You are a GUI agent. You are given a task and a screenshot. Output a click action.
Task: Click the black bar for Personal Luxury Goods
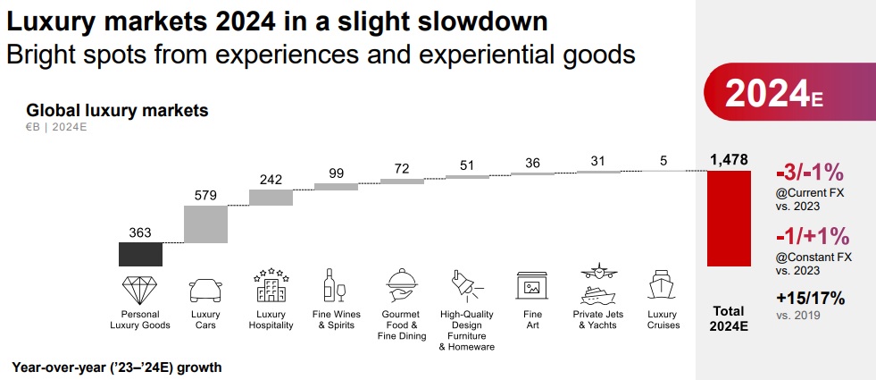tap(140, 254)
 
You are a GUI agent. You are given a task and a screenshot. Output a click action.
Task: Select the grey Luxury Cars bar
tap(205, 224)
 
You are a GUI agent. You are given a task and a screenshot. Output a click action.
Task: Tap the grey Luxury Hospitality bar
tap(271, 197)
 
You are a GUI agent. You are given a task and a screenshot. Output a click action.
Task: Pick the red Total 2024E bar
tap(730, 218)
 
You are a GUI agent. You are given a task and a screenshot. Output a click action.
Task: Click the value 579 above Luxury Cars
tap(205, 194)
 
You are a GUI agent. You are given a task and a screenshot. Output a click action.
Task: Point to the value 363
tap(140, 232)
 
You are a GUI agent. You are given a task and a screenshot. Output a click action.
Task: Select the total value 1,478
tap(730, 159)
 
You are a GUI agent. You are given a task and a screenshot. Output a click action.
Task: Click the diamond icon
tap(140, 289)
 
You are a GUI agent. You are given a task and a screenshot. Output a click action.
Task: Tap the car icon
tap(205, 290)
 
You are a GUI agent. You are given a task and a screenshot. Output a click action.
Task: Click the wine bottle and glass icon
tap(335, 286)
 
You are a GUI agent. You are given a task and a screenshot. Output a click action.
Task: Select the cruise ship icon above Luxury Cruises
tap(663, 287)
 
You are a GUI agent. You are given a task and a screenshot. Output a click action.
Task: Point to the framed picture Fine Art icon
tap(531, 286)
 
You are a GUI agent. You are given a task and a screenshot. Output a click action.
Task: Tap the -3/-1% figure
tap(811, 173)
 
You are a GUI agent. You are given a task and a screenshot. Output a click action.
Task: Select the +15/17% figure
tap(809, 299)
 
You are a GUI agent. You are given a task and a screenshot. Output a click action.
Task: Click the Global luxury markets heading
tap(117, 111)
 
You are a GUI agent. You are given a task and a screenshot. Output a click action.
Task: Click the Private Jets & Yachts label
tap(597, 319)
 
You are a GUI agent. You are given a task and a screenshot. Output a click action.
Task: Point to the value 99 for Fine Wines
tap(337, 173)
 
